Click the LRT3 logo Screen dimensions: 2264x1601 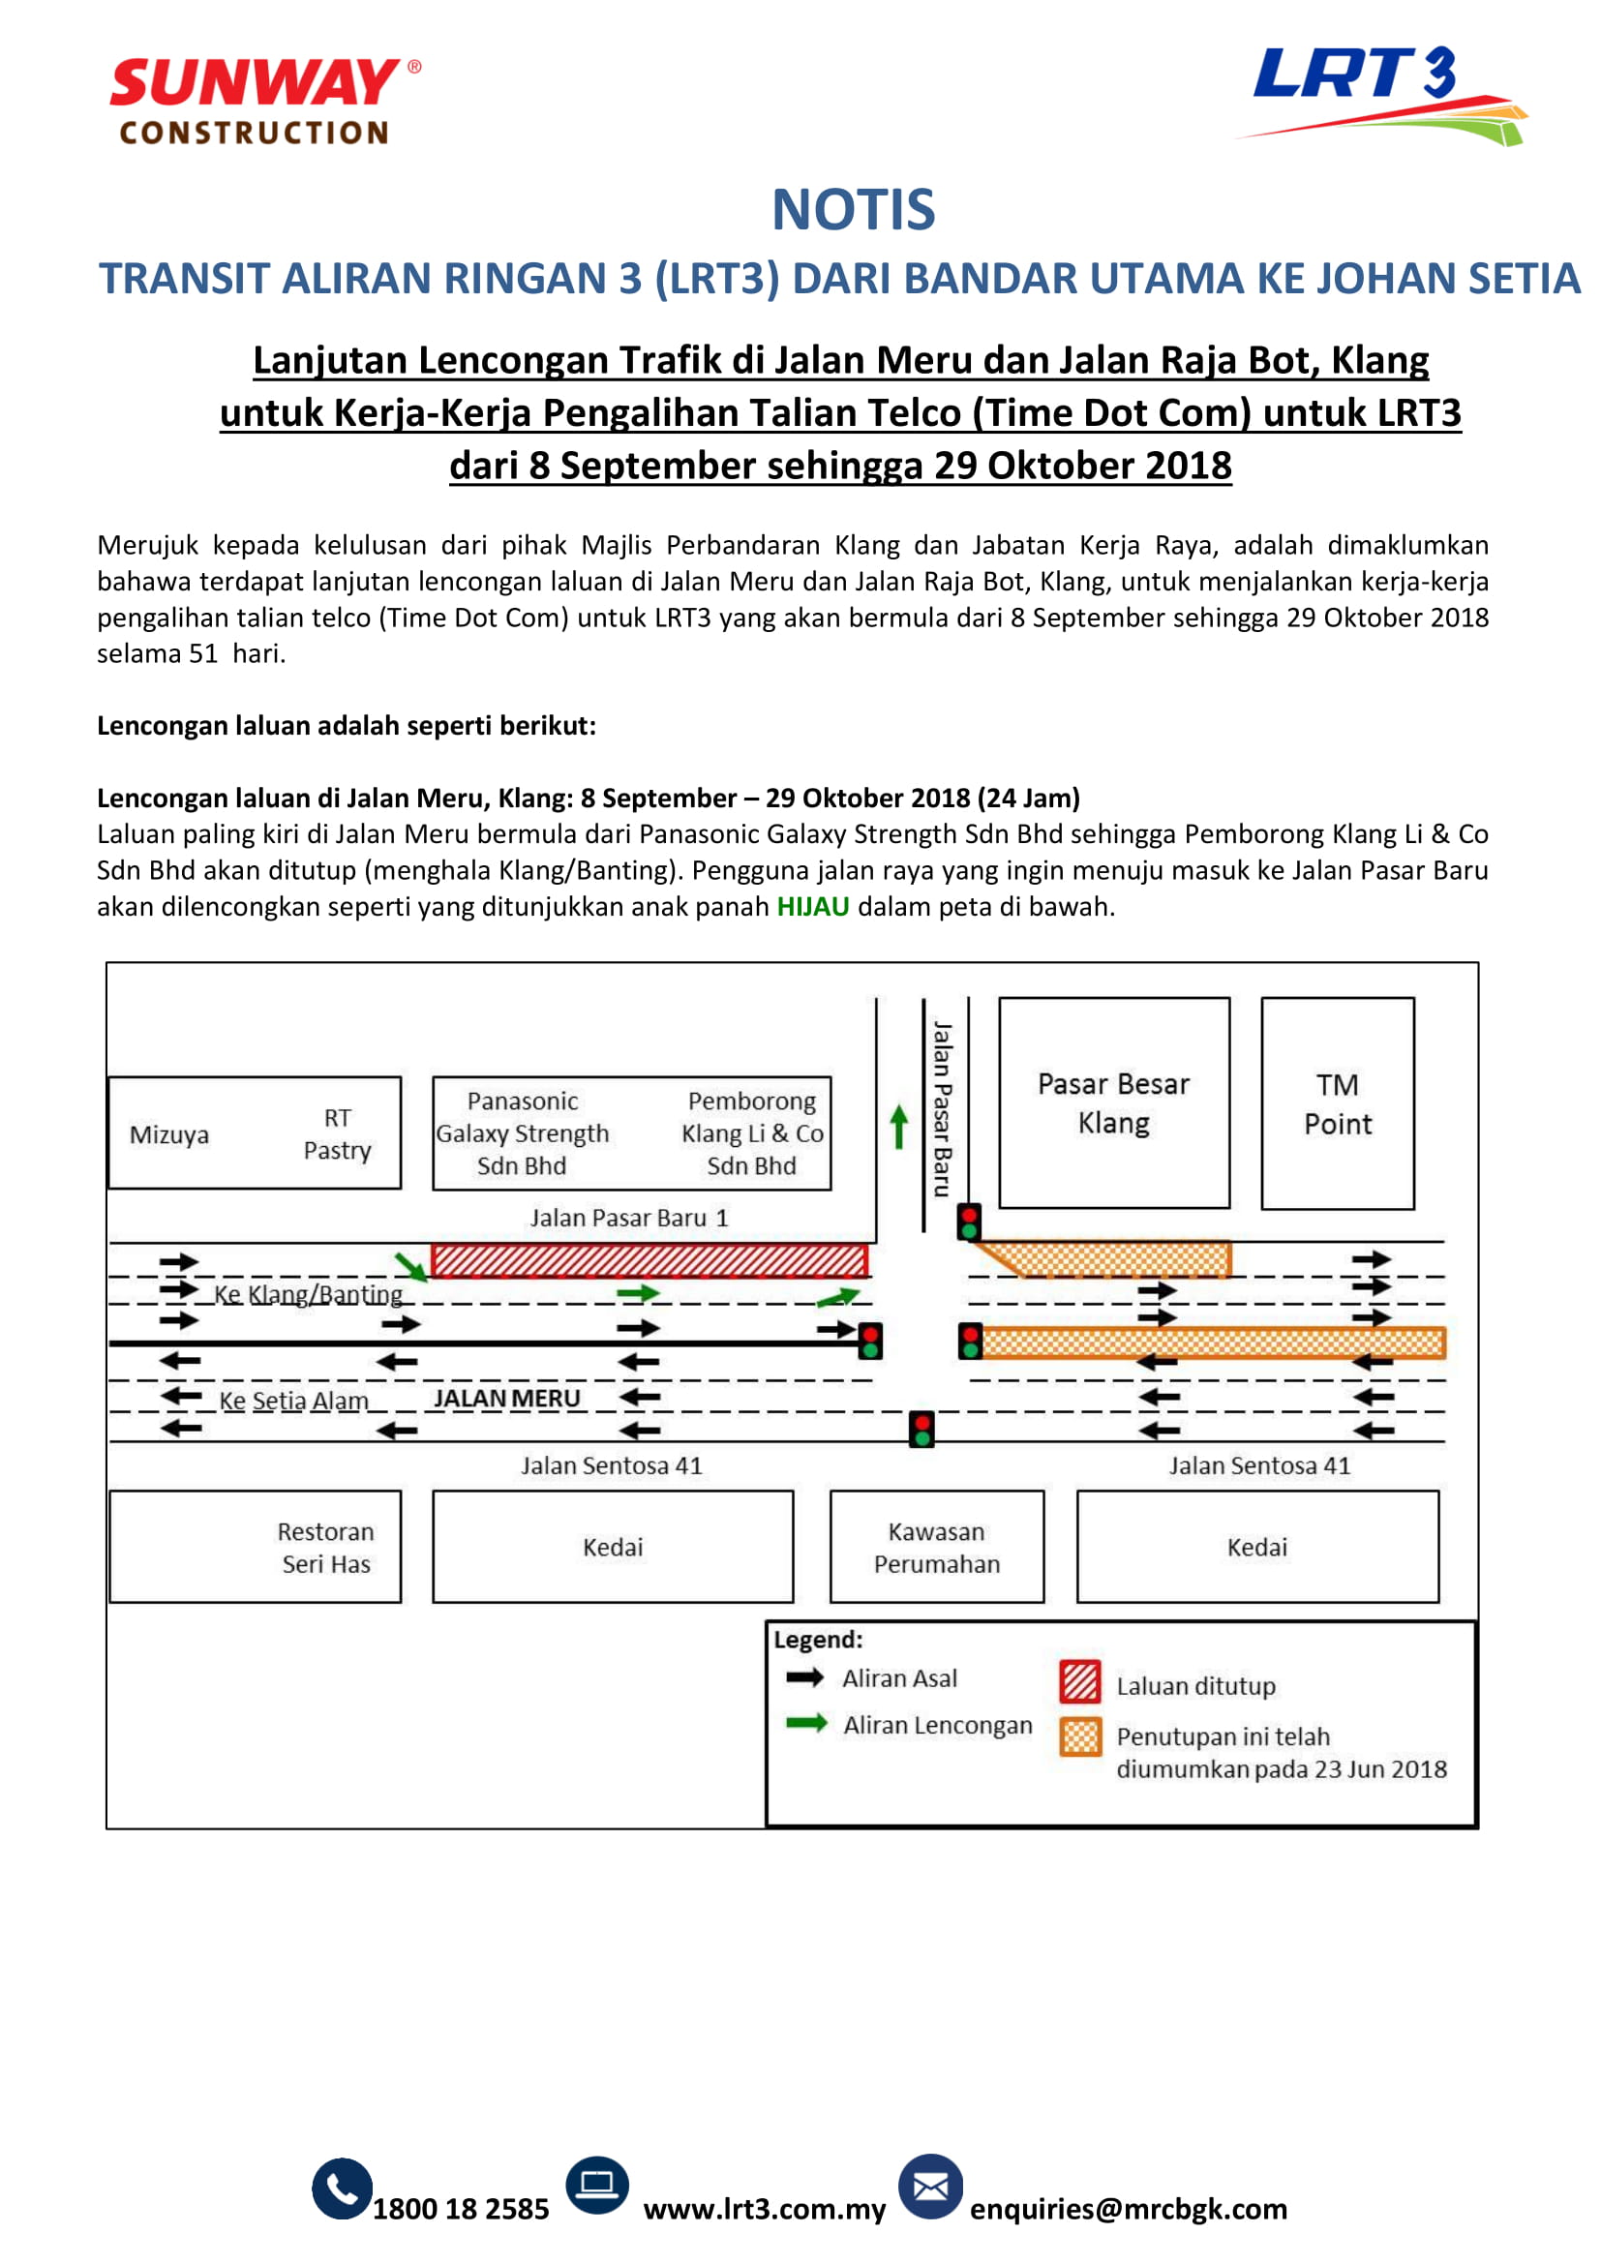point(1380,94)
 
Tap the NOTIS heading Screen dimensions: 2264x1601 point(853,210)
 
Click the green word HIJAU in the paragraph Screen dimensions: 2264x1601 point(812,906)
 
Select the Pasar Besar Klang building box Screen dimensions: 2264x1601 point(1114,1102)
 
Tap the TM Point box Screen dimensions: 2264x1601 point(1337,1103)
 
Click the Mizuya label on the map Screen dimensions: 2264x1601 point(169,1134)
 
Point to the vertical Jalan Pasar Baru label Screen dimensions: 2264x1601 point(943,1108)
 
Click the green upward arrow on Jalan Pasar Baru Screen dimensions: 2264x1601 point(898,1126)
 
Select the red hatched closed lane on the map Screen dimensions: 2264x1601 point(649,1260)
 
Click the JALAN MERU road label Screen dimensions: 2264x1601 point(506,1399)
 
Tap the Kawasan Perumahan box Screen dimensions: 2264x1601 point(937,1547)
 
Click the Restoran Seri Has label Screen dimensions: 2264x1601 point(325,1547)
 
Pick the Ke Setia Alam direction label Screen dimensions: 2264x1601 point(294,1401)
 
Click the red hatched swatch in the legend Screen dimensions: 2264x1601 point(1079,1682)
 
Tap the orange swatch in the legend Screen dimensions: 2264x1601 point(1079,1736)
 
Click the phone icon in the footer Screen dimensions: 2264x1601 point(342,2189)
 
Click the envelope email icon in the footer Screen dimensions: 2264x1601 point(929,2187)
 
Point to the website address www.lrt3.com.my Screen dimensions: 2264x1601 point(764,2209)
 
